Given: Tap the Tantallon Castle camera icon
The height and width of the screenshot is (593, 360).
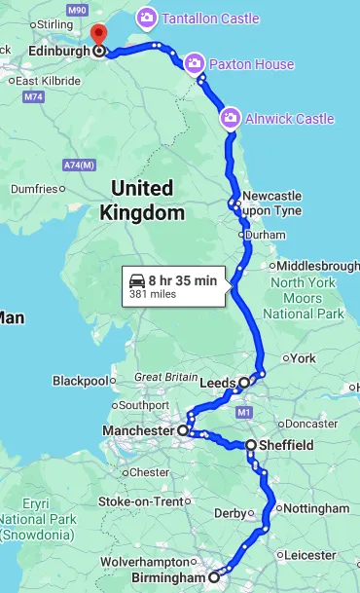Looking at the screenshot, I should [147, 18].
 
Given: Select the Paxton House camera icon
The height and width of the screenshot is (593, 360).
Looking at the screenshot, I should [194, 64].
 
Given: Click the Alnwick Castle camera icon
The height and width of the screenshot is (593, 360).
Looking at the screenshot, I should [231, 119].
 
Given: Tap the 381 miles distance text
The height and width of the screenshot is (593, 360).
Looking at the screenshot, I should [152, 294].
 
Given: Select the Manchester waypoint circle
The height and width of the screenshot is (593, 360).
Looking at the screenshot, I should [182, 429].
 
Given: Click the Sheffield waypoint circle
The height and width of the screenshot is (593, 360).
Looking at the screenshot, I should [251, 445].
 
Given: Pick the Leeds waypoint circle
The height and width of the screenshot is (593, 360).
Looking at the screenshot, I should [243, 383].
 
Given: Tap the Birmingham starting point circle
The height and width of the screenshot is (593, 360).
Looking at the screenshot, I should [215, 577].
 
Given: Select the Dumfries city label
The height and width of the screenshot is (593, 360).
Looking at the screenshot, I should [34, 189].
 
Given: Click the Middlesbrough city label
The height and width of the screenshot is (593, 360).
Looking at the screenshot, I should [318, 266].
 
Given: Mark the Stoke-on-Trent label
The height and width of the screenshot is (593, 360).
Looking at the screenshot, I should [141, 501].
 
